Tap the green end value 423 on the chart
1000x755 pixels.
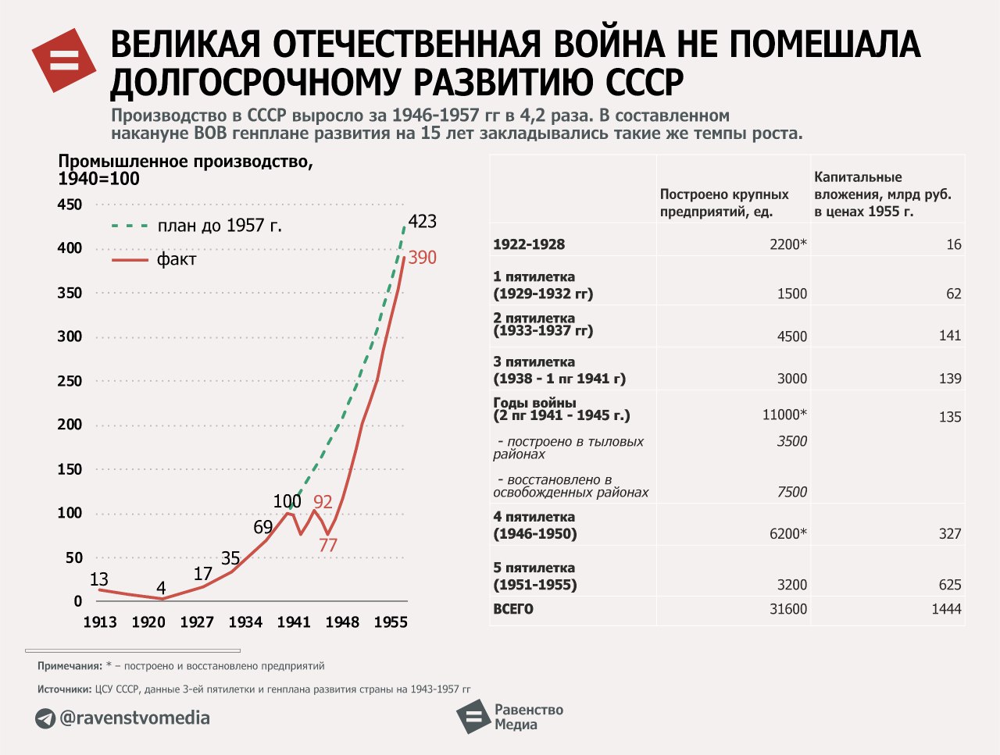pos(422,222)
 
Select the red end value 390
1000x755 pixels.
pos(422,258)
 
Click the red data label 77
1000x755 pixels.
pos(327,545)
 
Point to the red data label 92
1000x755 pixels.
pos(323,502)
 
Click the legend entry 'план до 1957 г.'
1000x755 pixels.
pos(219,226)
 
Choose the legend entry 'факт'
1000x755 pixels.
pos(176,259)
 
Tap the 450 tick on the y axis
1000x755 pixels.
pos(70,205)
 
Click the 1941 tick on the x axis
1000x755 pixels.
pos(294,622)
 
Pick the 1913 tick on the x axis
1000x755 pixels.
pos(100,622)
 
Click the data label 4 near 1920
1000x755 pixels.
pos(161,588)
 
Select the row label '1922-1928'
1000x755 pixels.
pos(529,244)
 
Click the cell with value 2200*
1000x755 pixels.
pos(787,244)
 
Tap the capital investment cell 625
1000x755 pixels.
pos(949,585)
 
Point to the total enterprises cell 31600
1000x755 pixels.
pos(787,609)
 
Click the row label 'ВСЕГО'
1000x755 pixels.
pos(513,609)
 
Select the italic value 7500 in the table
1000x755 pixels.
pos(791,492)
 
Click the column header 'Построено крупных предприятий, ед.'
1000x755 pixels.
pos(724,203)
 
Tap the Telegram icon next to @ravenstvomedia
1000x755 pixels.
pos(45,718)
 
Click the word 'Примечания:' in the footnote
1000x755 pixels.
pos(70,666)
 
